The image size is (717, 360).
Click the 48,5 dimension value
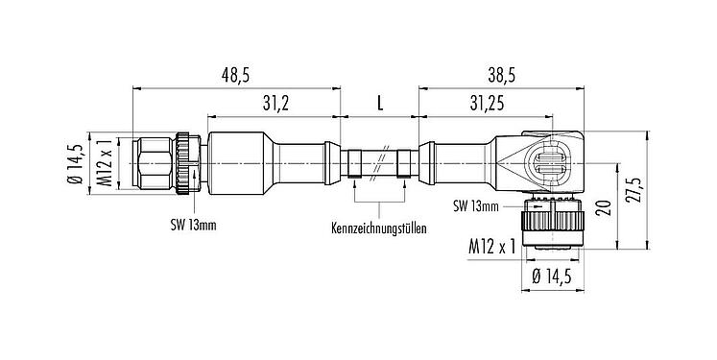[235, 74]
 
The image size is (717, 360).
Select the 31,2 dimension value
[275, 101]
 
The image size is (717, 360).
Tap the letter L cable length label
[379, 101]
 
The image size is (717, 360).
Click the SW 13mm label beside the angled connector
[476, 204]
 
